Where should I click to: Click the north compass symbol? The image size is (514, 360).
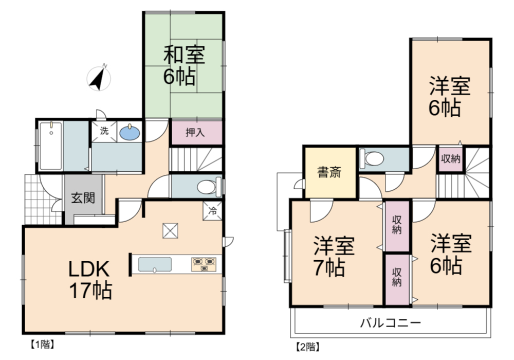(99, 78)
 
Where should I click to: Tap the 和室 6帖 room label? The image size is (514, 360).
(184, 65)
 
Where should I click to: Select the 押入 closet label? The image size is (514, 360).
(195, 132)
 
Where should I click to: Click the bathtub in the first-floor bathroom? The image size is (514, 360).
(50, 146)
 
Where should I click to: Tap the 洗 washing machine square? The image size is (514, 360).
(104, 132)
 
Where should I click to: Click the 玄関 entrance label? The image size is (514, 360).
(83, 198)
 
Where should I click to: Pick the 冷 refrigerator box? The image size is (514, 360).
(212, 211)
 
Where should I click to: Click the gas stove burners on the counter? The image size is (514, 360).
(204, 264)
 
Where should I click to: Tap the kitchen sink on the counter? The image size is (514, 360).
(155, 264)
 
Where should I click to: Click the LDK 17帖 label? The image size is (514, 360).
(89, 280)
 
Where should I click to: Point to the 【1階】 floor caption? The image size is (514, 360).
(42, 345)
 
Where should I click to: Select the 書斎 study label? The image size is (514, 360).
(329, 172)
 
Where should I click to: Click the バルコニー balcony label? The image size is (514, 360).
(391, 323)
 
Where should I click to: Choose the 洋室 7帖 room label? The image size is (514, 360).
(333, 256)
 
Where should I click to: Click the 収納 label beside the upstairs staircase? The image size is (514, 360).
(451, 159)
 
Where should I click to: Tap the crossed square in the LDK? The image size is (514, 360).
(170, 230)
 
